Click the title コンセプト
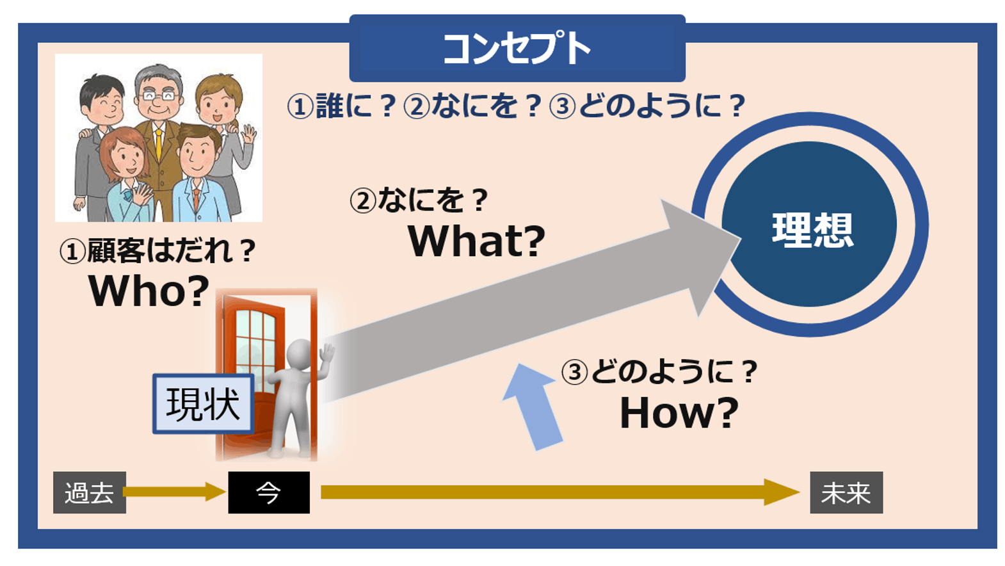coord(516,49)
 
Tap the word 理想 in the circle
coord(812,229)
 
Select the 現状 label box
coord(203,404)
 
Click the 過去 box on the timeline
coord(89,492)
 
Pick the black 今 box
coord(269,492)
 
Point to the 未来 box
coord(846,492)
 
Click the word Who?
coord(149,291)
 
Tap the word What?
coord(476,241)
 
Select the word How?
coord(679,413)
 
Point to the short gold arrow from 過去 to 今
coord(173,492)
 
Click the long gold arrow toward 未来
coord(557,492)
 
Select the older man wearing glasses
coord(158,96)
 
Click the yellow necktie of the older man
coord(159,145)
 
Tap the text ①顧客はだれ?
coord(158,251)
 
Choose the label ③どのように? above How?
coord(659,372)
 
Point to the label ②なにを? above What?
coord(419,200)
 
